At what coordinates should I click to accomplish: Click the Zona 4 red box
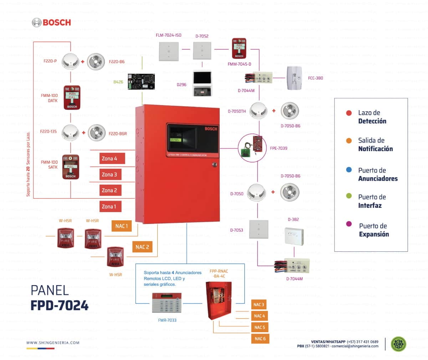click(112, 158)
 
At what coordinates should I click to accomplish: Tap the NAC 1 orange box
click(122, 226)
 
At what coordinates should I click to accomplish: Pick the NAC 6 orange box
click(260, 338)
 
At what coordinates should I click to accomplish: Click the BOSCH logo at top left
click(51, 22)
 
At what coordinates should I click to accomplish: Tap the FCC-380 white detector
click(295, 78)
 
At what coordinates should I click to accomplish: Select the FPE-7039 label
click(279, 148)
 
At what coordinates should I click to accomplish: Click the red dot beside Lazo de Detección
click(349, 113)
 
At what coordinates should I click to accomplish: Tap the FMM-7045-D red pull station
click(239, 48)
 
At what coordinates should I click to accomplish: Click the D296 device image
click(202, 83)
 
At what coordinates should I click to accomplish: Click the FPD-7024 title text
click(60, 305)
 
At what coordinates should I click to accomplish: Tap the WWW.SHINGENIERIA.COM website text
click(53, 343)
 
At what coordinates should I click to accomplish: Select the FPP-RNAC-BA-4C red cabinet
click(218, 300)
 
